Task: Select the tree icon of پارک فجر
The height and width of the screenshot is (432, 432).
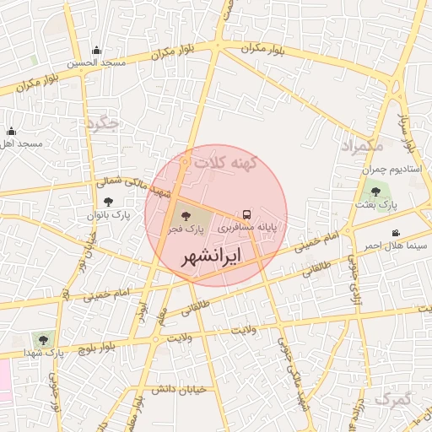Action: pos(186,216)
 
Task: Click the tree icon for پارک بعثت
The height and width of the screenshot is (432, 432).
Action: pos(375,192)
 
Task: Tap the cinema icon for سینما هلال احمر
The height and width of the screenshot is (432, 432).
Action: pos(396,233)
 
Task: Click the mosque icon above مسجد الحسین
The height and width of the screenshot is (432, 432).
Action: pos(95,51)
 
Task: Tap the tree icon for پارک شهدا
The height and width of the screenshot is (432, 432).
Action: pos(38,338)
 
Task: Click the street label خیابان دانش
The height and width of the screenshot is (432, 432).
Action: pos(178,390)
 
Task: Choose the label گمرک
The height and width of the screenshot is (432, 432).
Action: pos(393,397)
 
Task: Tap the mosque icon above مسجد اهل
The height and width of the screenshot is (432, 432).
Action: pos(11,132)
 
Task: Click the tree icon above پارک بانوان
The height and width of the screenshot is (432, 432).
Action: pos(108,202)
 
